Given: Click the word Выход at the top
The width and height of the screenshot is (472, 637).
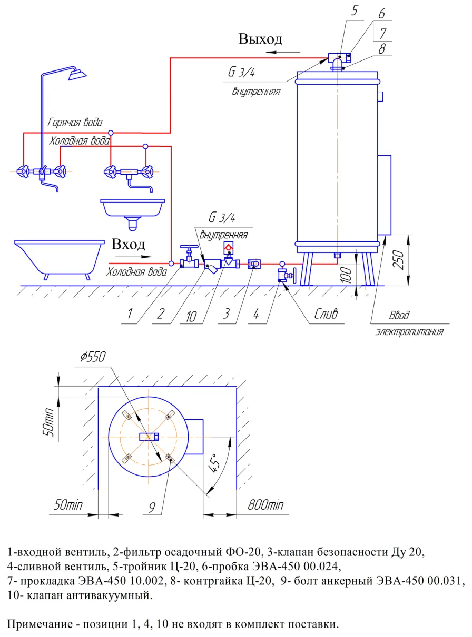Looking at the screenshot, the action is tap(260, 39).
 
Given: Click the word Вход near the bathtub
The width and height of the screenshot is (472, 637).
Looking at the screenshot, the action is tap(129, 245).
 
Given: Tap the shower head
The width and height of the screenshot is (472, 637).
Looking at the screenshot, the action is tap(77, 74).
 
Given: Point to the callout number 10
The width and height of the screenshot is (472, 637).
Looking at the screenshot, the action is tap(191, 317).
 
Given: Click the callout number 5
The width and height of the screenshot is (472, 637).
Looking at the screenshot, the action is tap(355, 11).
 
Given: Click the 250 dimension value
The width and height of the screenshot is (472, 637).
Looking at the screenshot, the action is tap(398, 260).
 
